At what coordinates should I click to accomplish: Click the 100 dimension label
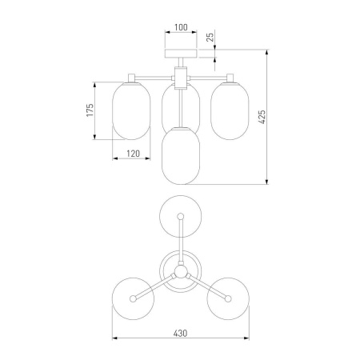(181, 27)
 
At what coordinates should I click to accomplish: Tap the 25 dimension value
(210, 37)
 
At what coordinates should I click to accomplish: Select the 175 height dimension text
(90, 110)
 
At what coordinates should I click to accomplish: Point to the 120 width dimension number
(133, 154)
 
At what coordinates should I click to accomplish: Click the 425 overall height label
(262, 117)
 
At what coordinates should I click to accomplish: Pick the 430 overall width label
(180, 334)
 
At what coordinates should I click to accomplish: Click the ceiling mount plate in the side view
(181, 54)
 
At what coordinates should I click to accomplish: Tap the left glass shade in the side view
(131, 111)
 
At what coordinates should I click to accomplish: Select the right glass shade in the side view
(230, 111)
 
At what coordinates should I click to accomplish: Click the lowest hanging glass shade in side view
(181, 156)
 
